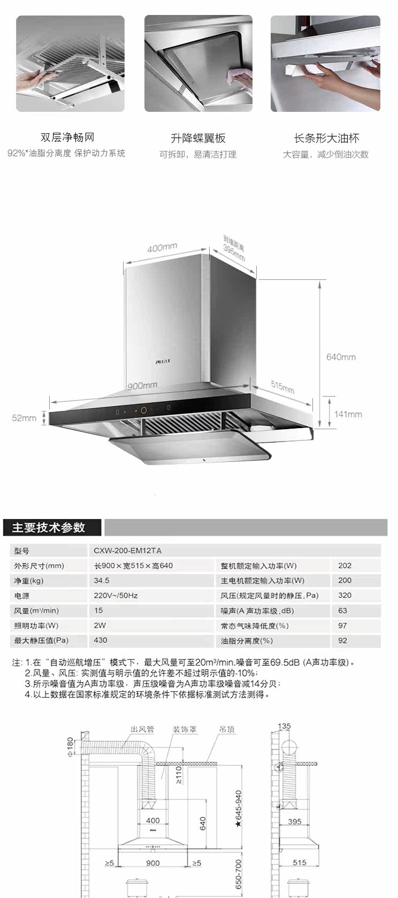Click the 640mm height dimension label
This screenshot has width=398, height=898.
click(x=341, y=357)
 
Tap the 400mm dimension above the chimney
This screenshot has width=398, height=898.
click(x=162, y=248)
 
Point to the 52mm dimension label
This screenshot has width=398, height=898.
click(x=24, y=418)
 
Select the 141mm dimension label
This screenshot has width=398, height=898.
click(x=348, y=414)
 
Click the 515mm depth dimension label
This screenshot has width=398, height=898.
click(x=282, y=387)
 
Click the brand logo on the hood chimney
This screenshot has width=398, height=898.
click(x=163, y=362)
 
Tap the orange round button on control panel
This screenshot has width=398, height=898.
click(x=143, y=410)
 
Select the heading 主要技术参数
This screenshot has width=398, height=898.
click(x=49, y=528)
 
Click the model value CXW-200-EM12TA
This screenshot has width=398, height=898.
click(x=127, y=551)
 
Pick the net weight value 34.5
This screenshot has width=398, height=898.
click(x=102, y=581)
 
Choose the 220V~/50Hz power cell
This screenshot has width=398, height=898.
click(x=116, y=596)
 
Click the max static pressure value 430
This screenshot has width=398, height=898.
click(x=101, y=640)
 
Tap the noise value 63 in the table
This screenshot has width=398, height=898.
click(x=342, y=611)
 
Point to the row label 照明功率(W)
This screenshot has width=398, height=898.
click(x=36, y=626)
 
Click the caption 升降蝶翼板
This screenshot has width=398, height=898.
click(x=198, y=138)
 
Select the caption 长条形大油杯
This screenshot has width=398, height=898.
click(x=326, y=138)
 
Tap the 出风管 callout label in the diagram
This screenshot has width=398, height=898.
click(x=142, y=729)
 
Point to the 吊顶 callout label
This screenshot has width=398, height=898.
click(x=227, y=729)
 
